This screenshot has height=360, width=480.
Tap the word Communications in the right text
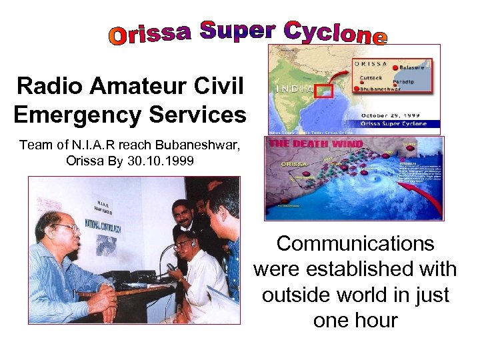[x=355, y=243]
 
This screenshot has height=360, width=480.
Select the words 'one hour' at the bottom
[x=355, y=320]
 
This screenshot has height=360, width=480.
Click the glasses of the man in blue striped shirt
[x=67, y=229]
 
